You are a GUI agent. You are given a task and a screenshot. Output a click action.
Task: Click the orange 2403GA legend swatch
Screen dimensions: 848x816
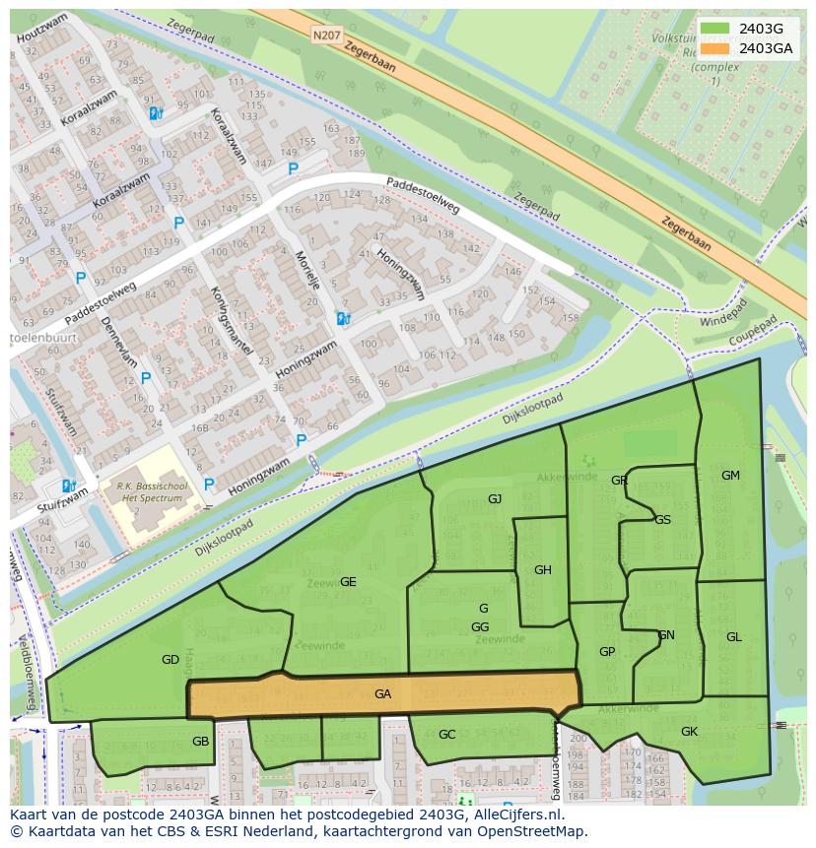click(717, 48)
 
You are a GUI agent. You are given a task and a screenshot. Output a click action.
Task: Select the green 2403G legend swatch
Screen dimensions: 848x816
click(717, 29)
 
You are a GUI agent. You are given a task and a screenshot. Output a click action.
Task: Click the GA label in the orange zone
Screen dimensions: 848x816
click(383, 694)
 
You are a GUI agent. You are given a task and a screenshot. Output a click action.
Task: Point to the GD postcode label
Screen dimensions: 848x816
click(170, 660)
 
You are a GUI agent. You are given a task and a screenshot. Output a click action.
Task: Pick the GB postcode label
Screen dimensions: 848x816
click(201, 742)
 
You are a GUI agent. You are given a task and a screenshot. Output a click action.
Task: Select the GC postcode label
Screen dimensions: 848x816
click(447, 735)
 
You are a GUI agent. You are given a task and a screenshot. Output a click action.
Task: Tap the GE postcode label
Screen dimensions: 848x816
click(348, 582)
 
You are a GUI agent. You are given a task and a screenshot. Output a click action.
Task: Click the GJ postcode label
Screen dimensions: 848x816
click(495, 499)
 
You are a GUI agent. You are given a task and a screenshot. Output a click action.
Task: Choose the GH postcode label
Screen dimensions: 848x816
click(543, 570)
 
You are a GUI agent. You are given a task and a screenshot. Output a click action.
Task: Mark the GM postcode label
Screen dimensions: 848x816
click(730, 476)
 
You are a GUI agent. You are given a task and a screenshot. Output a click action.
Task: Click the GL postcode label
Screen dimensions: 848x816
click(734, 637)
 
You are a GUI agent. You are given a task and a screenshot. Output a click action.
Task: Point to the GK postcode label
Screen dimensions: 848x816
click(689, 732)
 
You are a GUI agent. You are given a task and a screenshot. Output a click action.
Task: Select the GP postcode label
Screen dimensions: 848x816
click(607, 652)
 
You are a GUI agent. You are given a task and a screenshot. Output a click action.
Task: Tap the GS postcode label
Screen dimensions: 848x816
click(663, 520)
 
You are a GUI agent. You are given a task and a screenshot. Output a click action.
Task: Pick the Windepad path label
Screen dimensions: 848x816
click(717, 322)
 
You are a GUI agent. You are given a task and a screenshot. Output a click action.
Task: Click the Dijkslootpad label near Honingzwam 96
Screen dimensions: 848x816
click(523, 410)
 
